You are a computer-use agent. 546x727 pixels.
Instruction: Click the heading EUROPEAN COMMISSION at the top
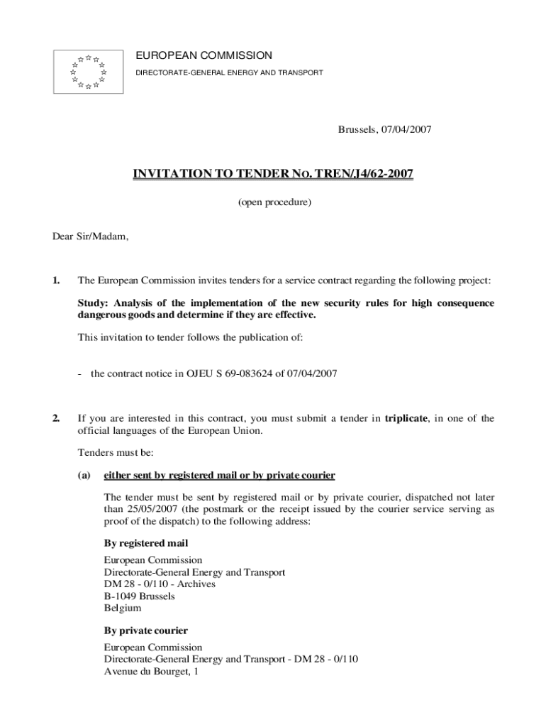[x=204, y=55]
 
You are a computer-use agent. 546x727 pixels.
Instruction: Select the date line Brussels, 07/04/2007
[x=384, y=129]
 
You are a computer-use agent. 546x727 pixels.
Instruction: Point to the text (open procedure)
[x=274, y=202]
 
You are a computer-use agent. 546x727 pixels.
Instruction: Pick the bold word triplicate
[x=405, y=418]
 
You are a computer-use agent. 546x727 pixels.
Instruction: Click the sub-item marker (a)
[x=84, y=475]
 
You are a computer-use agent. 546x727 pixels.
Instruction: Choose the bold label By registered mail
[x=146, y=543]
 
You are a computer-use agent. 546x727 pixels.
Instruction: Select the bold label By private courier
[x=145, y=630]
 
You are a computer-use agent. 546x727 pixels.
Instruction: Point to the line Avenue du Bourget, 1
[x=150, y=671]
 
